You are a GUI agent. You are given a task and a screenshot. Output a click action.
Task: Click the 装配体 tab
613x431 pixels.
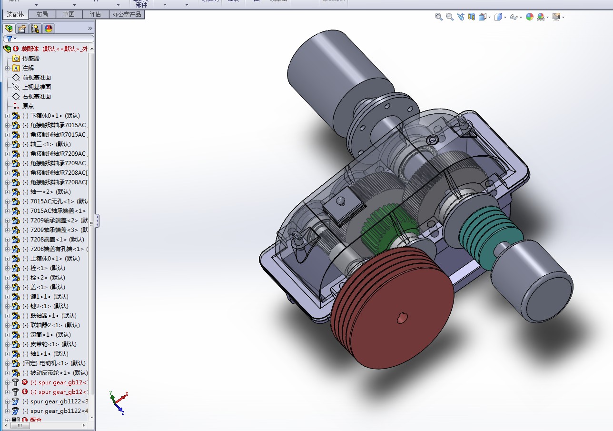15,14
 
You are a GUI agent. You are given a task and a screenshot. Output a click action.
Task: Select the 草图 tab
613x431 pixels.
69,14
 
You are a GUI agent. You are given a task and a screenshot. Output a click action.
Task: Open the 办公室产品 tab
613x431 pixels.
127,14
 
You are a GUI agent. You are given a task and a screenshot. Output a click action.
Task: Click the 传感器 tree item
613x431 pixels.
31,58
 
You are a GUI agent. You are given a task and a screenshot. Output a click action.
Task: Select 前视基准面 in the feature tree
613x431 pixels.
36,77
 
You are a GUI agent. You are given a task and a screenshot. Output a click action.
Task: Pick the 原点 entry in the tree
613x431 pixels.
28,106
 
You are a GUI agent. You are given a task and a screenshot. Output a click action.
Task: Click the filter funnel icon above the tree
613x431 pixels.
9,39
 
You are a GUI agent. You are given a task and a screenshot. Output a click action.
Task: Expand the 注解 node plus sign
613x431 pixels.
7,68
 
